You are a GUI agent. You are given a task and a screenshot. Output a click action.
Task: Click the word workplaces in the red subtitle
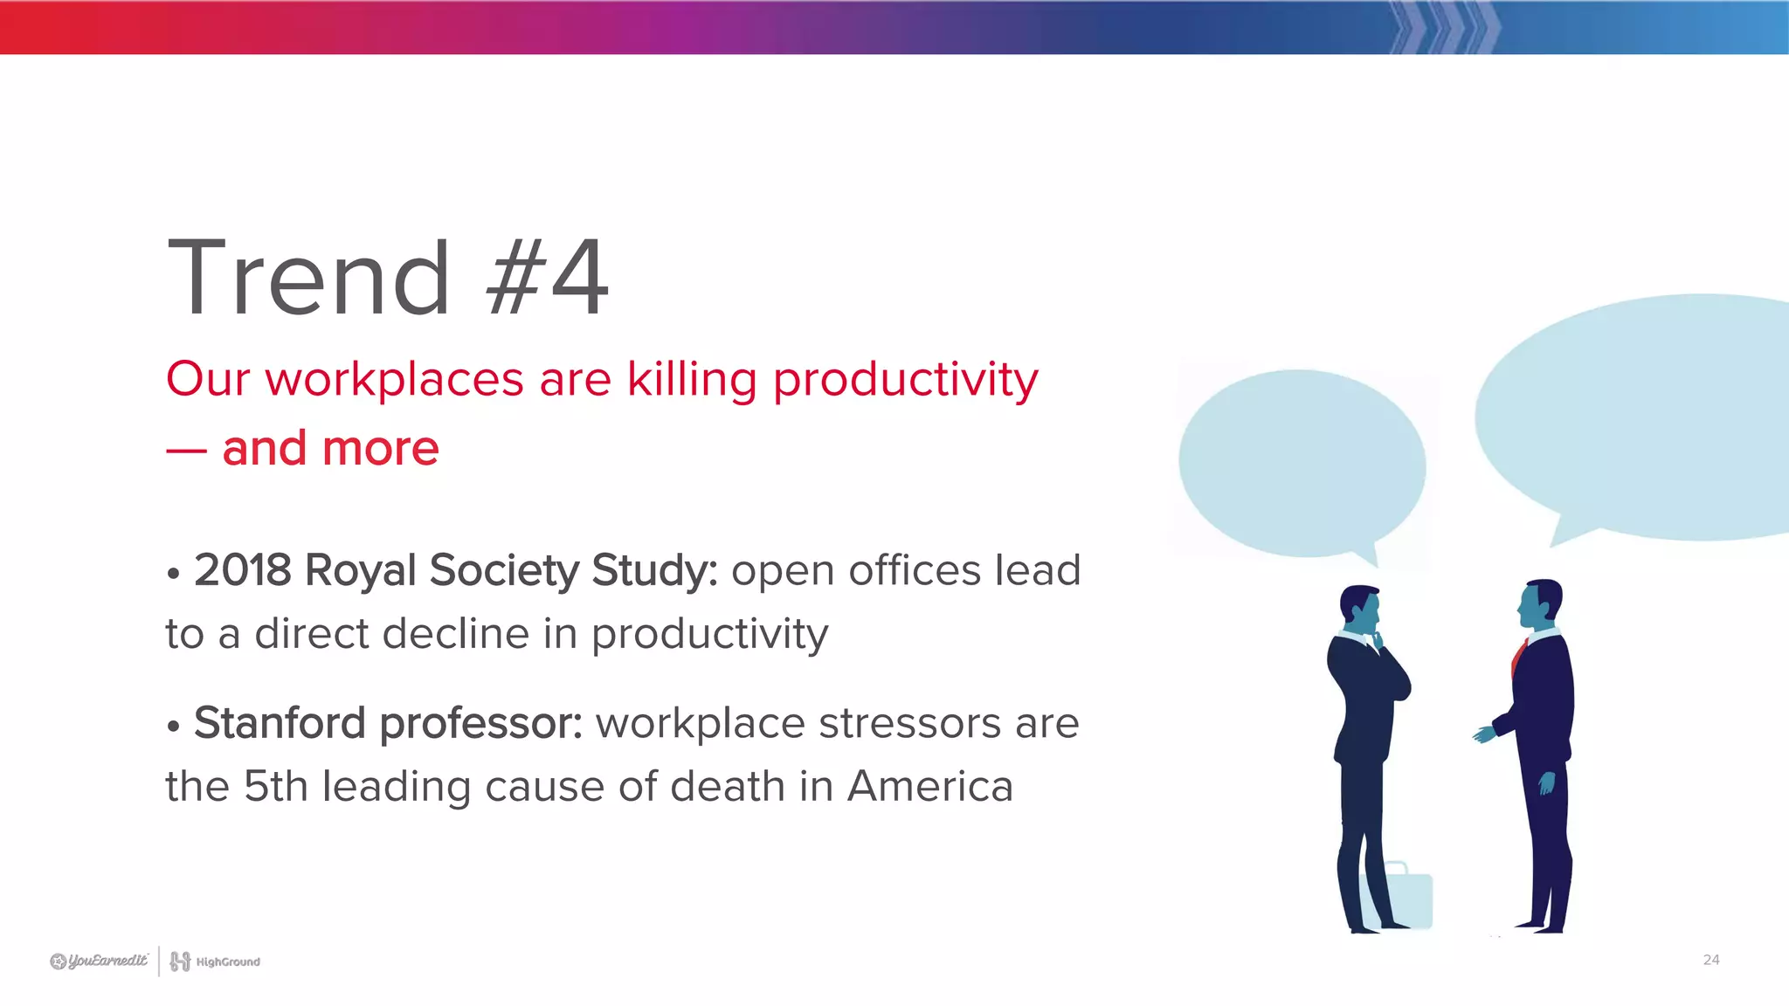click(395, 381)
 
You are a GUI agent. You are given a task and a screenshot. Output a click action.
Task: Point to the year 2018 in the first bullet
click(243, 571)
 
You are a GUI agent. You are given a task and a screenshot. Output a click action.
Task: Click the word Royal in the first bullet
click(361, 571)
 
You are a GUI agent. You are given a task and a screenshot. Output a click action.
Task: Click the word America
click(929, 787)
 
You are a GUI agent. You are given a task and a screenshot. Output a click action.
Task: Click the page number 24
click(1710, 960)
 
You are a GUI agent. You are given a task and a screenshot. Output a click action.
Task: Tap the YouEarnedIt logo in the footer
click(100, 961)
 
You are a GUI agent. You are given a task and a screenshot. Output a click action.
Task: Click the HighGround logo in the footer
click(216, 961)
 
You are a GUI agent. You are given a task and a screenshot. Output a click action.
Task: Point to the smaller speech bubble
click(1302, 463)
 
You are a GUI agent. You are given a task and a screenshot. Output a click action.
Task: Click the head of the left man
click(1360, 607)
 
